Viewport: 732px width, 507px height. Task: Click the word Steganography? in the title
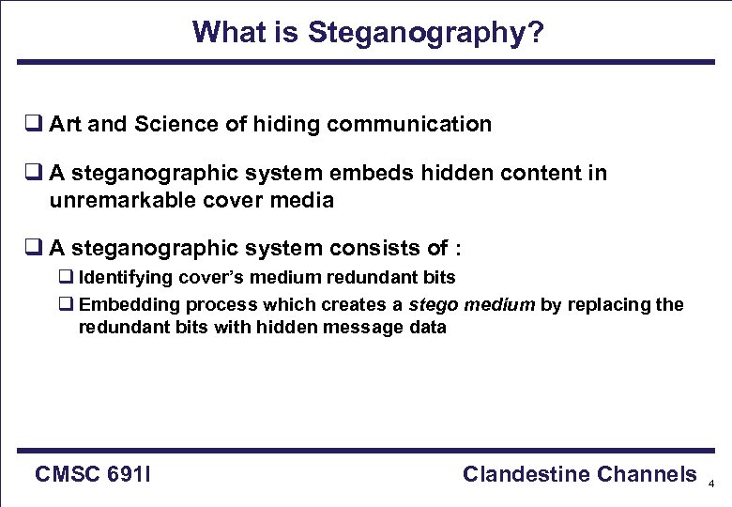coord(425,33)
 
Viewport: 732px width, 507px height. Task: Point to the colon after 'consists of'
coord(457,250)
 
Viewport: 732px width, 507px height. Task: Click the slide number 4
coord(711,484)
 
